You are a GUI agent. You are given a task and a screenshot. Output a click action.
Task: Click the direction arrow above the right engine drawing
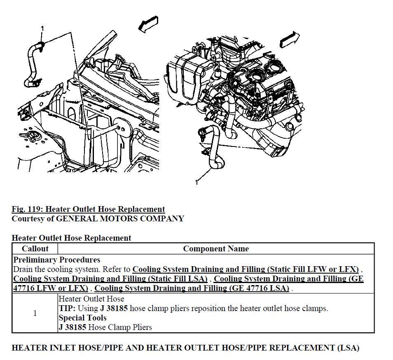(x=289, y=40)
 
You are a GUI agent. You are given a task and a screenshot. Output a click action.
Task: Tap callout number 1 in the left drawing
(x=42, y=28)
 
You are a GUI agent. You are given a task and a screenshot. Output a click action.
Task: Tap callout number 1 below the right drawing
(x=196, y=182)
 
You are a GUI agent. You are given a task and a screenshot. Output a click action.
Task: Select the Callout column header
(x=35, y=249)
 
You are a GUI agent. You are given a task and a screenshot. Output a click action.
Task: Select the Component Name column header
(x=216, y=249)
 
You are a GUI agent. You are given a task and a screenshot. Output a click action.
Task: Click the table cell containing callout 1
(x=35, y=313)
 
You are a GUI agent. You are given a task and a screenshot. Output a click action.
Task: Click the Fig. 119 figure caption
(x=88, y=209)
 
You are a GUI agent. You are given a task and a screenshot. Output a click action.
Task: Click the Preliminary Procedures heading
(x=57, y=260)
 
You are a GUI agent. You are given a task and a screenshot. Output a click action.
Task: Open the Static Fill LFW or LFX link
(x=246, y=269)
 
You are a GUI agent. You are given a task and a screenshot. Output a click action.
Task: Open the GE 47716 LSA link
(x=192, y=288)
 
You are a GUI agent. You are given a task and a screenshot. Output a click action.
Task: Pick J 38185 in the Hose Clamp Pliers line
(x=73, y=327)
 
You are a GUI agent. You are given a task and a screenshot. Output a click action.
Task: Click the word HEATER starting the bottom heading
(x=29, y=348)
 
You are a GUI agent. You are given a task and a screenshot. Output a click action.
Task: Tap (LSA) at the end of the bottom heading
(x=348, y=348)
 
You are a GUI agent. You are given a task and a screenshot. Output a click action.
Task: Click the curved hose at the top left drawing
(x=31, y=62)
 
